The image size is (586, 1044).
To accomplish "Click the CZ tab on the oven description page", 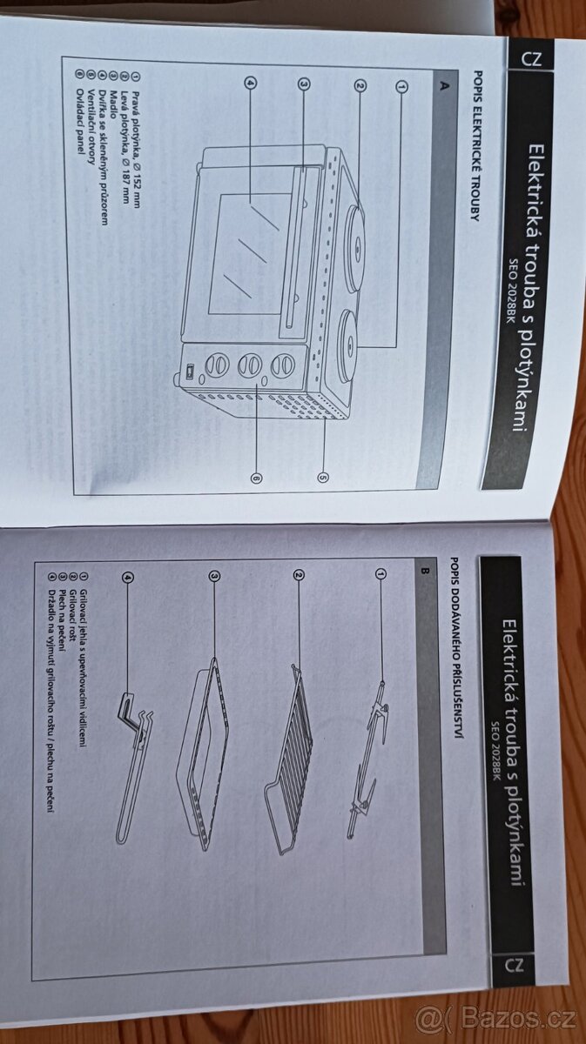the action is click(532, 59).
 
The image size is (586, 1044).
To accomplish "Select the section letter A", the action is click(445, 85).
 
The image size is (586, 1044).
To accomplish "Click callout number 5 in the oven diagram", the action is click(323, 477).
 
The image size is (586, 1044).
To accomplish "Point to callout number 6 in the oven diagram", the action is click(256, 478).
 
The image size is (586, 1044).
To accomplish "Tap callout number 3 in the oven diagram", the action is click(304, 84).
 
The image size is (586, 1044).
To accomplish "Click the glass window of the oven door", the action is click(248, 253).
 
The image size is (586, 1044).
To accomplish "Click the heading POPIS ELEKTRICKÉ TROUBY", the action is click(475, 145).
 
